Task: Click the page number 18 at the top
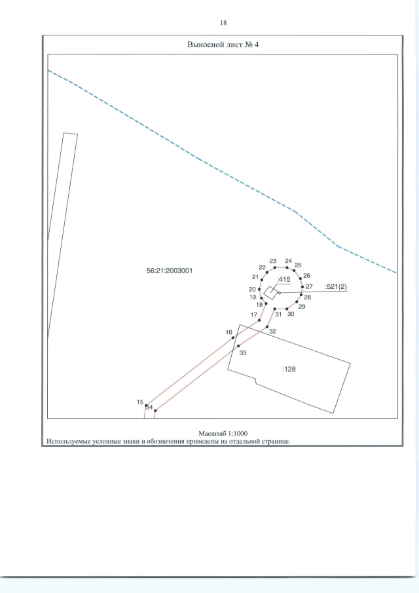pyautogui.click(x=223, y=23)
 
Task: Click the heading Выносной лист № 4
pyautogui.click(x=223, y=45)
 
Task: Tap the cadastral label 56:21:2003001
pyautogui.click(x=170, y=271)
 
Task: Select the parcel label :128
pyautogui.click(x=289, y=369)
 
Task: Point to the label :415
pyautogui.click(x=283, y=280)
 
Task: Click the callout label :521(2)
pyautogui.click(x=336, y=287)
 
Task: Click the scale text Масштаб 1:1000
pyautogui.click(x=223, y=433)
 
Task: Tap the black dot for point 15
pyautogui.click(x=146, y=406)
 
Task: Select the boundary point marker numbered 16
pyautogui.click(x=233, y=337)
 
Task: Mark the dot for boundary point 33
pyautogui.click(x=238, y=346)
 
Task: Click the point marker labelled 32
pyautogui.click(x=267, y=327)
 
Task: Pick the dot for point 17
pyautogui.click(x=259, y=320)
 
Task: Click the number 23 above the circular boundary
pyautogui.click(x=273, y=261)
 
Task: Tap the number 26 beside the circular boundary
pyautogui.click(x=307, y=276)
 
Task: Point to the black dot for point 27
pyautogui.click(x=302, y=286)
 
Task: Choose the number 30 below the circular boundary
pyautogui.click(x=291, y=314)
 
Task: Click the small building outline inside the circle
pyautogui.click(x=270, y=293)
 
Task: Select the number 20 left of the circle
pyautogui.click(x=253, y=290)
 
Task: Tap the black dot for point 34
pyautogui.click(x=155, y=411)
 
